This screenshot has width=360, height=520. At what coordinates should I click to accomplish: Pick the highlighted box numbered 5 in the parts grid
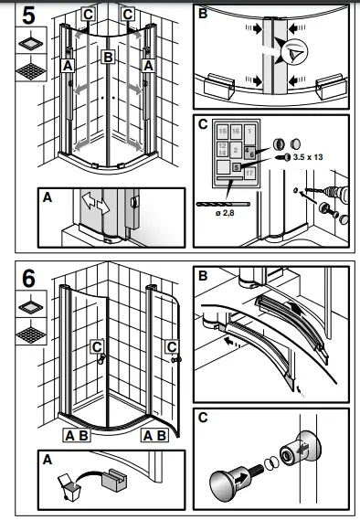click(x=236, y=167)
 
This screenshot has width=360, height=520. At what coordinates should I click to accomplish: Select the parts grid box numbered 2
click(x=236, y=149)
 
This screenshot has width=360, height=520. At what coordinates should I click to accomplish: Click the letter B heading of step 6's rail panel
click(x=202, y=273)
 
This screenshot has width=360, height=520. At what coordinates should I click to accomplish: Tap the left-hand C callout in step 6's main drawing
click(x=96, y=345)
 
